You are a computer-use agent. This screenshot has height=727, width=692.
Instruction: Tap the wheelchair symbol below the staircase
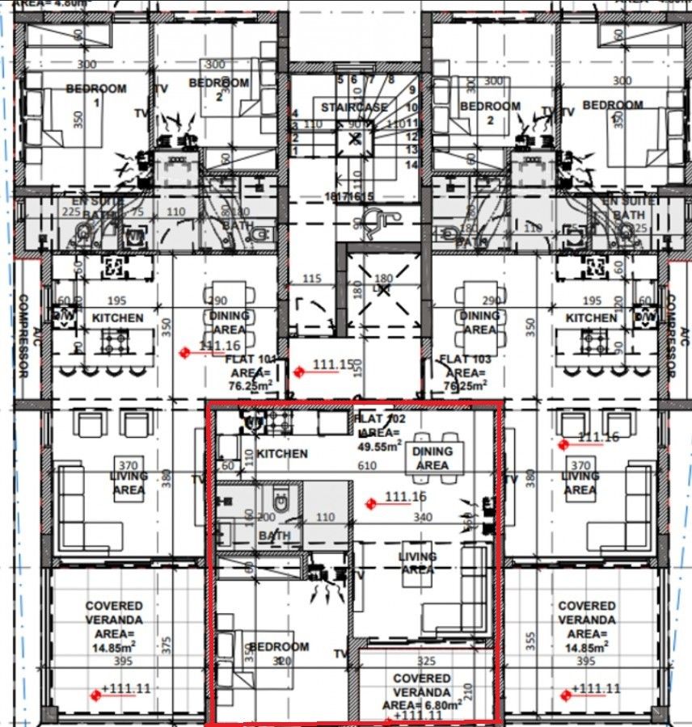coord(373,219)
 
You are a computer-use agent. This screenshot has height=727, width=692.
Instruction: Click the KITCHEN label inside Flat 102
coord(282,454)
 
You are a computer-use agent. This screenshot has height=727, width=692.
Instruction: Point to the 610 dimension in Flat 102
coord(367,466)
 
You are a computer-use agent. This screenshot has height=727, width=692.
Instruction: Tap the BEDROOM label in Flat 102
coord(279,647)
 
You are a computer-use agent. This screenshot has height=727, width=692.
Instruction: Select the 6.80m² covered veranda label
coord(422,692)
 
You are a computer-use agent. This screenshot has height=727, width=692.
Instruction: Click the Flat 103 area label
coord(462,372)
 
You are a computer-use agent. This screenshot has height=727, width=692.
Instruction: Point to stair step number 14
coord(412,165)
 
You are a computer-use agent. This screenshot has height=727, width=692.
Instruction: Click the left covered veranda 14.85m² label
coord(114,627)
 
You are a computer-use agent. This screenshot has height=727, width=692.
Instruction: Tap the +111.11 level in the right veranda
coord(594,689)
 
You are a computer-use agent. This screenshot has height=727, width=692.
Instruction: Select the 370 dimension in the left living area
coord(128,465)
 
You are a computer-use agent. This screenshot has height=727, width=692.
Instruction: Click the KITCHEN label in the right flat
coord(591,318)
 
